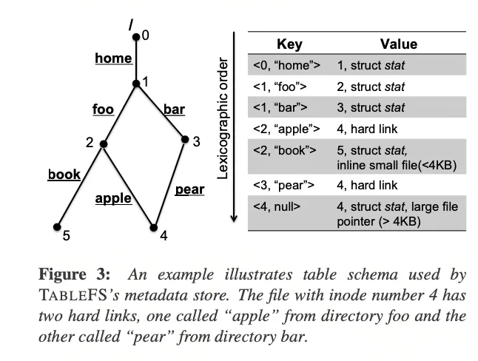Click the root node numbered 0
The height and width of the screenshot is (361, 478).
point(136,37)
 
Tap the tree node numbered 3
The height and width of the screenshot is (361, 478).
point(185,139)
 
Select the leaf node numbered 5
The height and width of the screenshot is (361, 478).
point(57,227)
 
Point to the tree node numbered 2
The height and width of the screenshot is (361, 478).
point(104,144)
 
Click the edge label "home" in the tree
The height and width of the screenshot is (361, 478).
point(113,58)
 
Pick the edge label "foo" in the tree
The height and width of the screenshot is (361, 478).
point(104,109)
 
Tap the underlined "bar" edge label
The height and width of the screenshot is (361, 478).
point(174,109)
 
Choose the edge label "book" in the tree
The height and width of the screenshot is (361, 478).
point(64,175)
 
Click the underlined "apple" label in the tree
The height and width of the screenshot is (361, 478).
point(113,199)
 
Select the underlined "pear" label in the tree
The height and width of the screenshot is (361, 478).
point(189,190)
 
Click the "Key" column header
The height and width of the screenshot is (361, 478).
point(289,44)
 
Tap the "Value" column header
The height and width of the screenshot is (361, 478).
point(399,44)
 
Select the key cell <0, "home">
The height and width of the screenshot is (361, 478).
point(286,65)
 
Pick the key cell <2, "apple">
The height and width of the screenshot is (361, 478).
point(286,129)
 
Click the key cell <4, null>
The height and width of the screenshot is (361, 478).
point(277,206)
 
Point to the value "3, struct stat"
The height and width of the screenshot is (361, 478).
point(371,107)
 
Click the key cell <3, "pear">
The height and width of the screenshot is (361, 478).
point(283,186)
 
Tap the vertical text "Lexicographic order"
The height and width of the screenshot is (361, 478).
point(223,118)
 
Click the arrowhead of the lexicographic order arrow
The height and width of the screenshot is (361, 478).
point(234,218)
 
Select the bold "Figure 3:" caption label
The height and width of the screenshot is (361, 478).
point(74,274)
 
